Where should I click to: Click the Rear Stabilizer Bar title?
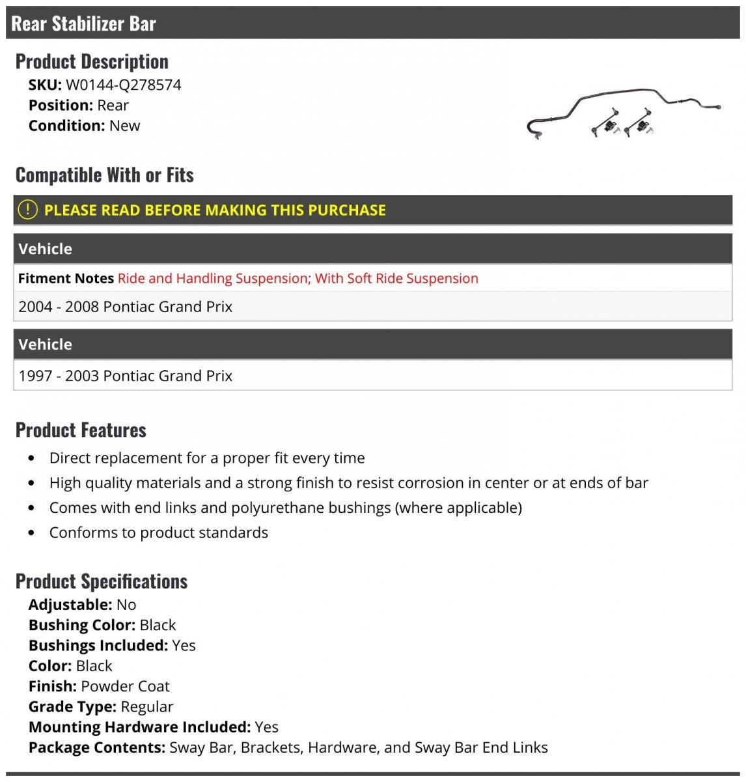click(84, 24)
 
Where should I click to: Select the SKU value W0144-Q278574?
click(123, 85)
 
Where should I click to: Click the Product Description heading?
click(92, 62)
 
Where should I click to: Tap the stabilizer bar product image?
click(623, 114)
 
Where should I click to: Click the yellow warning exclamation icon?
click(27, 210)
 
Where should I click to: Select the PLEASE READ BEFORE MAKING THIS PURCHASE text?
click(215, 210)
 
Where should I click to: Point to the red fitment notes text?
click(297, 278)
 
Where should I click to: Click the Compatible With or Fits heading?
click(105, 175)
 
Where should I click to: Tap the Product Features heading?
click(81, 430)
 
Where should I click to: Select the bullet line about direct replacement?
click(207, 458)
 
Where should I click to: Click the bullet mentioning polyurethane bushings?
click(285, 508)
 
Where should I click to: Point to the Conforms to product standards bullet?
click(158, 532)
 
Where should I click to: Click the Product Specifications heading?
click(102, 581)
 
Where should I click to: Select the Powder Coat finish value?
click(125, 686)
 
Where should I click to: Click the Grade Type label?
click(72, 706)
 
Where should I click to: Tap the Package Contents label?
click(96, 747)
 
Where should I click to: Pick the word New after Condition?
click(124, 126)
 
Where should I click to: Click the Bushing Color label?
click(81, 625)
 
